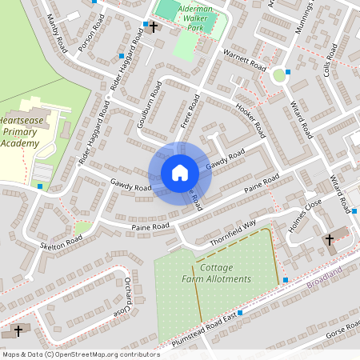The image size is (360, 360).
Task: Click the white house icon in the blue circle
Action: pos(180,173)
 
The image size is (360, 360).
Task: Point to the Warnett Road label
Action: pos(244,60)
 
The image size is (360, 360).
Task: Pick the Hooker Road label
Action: pos(250,117)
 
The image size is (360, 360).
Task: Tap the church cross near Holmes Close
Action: pos(329,239)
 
